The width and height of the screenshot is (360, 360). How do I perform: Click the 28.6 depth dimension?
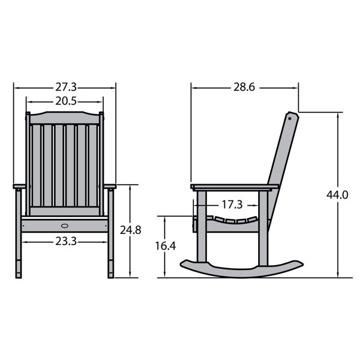tap(244, 88)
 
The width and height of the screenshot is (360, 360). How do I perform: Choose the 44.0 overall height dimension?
tap(337, 195)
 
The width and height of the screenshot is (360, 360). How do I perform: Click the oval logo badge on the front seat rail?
tap(65, 226)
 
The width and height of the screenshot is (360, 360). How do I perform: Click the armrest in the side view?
tap(234, 187)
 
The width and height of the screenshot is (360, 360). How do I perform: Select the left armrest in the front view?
tap(19, 187)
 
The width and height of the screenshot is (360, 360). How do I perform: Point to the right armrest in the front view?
tap(109, 187)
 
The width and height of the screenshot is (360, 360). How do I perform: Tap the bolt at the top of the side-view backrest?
tap(291, 118)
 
